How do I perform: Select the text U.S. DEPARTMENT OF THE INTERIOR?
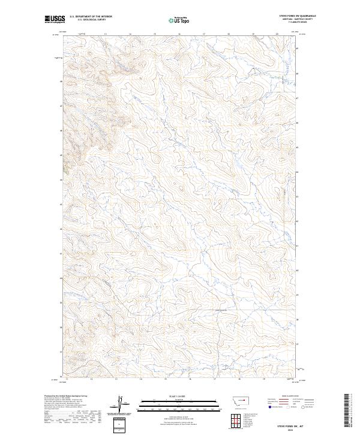(x=91, y=16)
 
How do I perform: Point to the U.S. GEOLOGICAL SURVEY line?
(x=91, y=20)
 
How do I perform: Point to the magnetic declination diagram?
(x=121, y=405)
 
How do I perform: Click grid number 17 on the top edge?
(x=203, y=34)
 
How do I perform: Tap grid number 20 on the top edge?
(x=277, y=34)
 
